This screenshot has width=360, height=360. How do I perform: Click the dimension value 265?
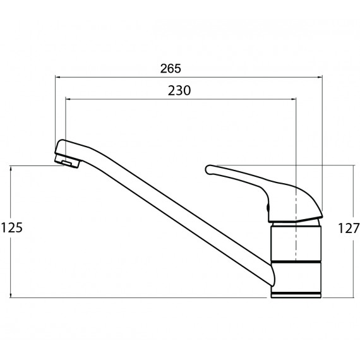point(171,68)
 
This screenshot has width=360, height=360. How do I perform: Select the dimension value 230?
point(179,90)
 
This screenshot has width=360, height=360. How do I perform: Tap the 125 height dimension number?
point(12,228)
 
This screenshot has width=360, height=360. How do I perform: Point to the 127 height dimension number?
point(349,229)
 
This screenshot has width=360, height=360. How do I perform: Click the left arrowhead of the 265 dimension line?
point(58,78)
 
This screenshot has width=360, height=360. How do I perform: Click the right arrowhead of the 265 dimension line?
point(320,78)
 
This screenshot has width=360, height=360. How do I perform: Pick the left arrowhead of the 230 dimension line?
point(68,99)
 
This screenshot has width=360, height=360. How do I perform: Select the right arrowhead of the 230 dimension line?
point(294,99)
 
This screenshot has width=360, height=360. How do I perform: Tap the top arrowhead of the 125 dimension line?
point(11,168)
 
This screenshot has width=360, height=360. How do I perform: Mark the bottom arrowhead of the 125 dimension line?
point(11,295)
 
